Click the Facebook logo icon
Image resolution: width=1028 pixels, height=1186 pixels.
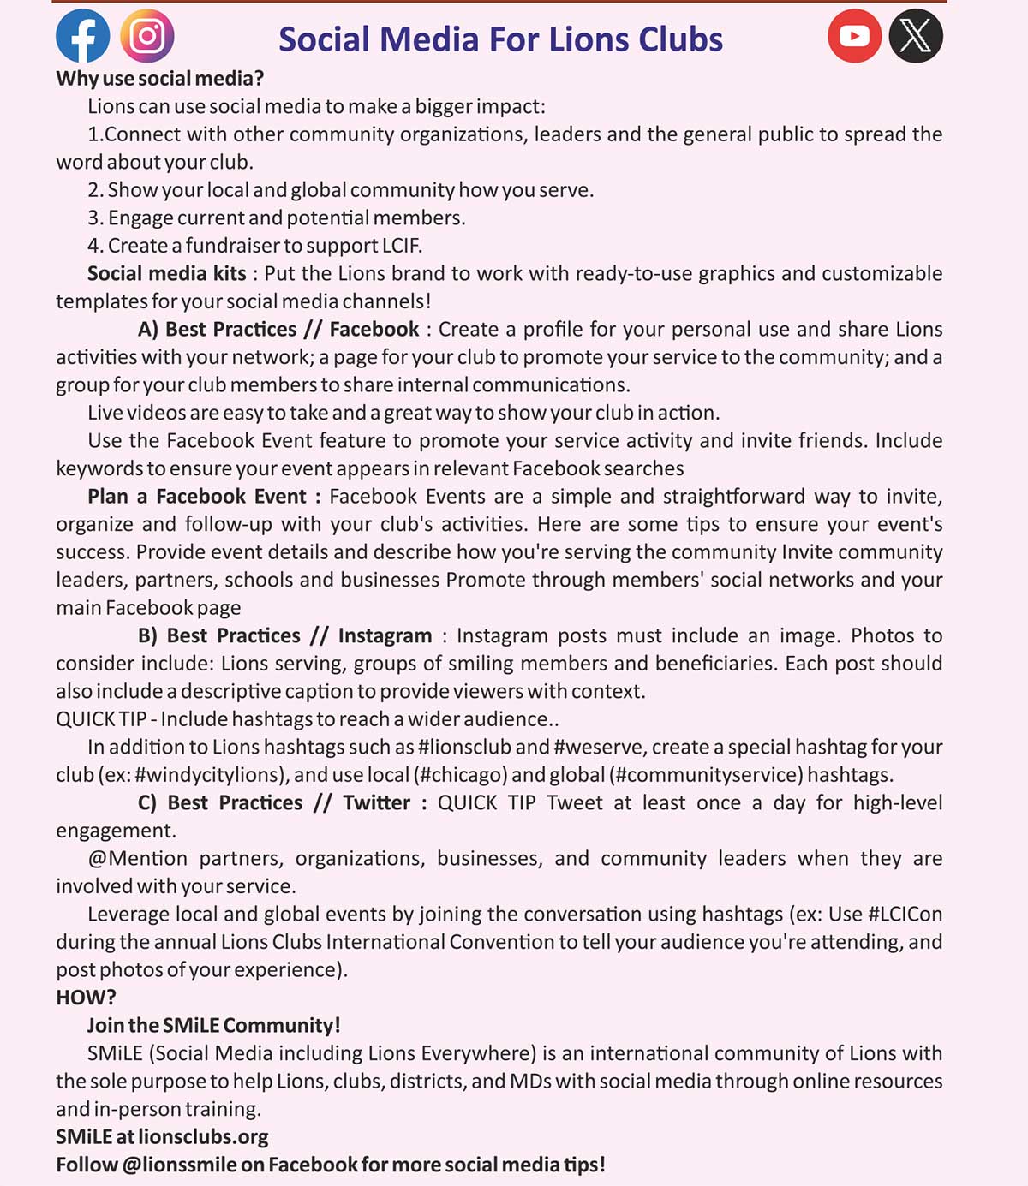83,36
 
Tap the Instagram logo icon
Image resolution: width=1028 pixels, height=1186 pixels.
147,36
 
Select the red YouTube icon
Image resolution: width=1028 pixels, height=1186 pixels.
854,36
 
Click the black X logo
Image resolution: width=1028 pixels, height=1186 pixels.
916,36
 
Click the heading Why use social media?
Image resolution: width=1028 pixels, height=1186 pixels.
159,79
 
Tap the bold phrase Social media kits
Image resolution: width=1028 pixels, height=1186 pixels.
166,273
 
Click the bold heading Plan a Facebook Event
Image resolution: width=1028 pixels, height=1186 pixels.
204,497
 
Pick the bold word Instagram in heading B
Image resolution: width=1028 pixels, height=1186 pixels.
385,635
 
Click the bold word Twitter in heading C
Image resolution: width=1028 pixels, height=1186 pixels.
377,802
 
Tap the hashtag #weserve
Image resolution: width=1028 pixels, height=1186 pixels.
598,747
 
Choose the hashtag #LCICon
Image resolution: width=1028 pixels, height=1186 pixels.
905,914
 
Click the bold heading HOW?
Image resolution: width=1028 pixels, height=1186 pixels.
86,998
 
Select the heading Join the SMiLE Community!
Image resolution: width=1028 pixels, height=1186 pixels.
213,1025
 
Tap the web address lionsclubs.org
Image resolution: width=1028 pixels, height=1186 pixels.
203,1137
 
